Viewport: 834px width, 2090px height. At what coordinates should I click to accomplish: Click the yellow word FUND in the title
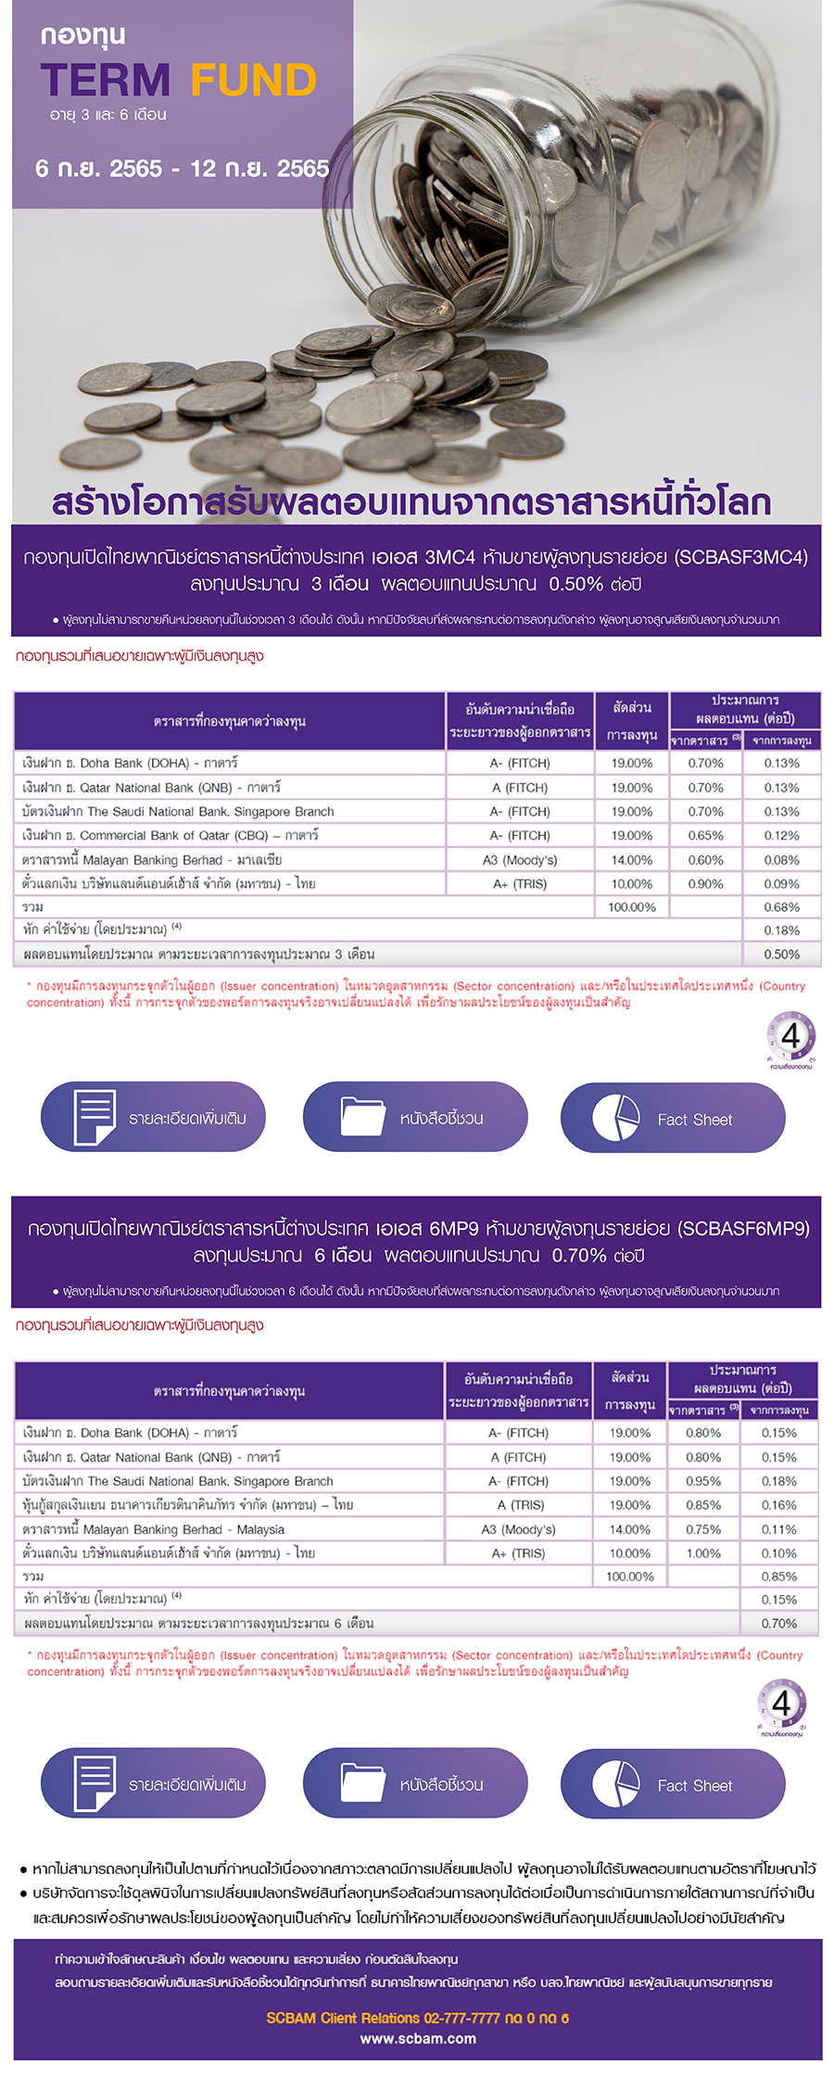pos(254,81)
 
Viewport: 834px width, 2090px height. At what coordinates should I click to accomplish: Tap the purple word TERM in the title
pos(106,81)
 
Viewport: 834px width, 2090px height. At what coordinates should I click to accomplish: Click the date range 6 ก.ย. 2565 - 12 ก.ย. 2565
pos(182,169)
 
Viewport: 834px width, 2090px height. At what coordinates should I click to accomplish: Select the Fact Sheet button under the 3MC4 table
pos(673,1118)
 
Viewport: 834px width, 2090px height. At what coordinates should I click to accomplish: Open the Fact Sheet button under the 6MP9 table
pos(673,1784)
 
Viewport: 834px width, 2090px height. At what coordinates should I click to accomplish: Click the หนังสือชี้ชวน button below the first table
pos(415,1118)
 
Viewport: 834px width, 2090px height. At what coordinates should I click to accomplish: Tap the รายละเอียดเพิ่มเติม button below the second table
pos(153,1784)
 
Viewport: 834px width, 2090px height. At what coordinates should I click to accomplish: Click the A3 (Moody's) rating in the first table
pos(520,860)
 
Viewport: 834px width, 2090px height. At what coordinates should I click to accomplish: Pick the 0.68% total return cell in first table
pos(781,907)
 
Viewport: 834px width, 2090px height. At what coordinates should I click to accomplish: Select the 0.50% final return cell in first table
pos(781,955)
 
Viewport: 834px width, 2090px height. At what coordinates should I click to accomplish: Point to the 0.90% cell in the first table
pos(705,884)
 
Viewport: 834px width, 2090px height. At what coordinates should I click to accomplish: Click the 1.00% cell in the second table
pos(703,1553)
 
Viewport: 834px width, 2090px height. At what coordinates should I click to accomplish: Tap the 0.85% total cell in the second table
pos(778,1577)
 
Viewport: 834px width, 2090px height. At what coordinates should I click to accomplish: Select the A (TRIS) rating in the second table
pos(520,1505)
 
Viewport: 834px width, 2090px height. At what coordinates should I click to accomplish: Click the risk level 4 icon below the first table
pos(790,1037)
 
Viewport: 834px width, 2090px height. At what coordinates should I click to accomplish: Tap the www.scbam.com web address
pos(418,2039)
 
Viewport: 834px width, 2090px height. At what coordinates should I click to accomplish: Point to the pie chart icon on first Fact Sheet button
pos(615,1118)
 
